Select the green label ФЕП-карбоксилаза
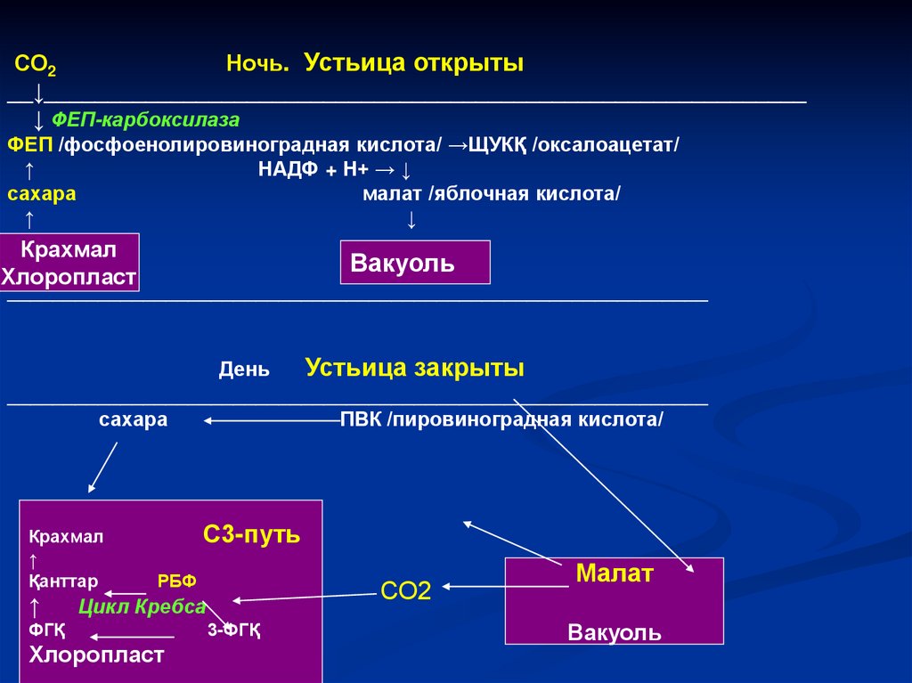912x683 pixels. [145, 119]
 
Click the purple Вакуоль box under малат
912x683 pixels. [415, 263]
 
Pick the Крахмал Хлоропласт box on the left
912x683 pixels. [69, 262]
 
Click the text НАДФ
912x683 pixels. [288, 170]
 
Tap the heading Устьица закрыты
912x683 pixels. [414, 368]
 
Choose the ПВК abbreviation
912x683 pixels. [361, 419]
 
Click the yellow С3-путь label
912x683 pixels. [251, 534]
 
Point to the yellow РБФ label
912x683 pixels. [176, 581]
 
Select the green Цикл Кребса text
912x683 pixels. [142, 607]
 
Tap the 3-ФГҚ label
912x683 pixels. [233, 630]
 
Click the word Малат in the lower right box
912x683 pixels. [615, 573]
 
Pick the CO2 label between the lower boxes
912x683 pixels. [405, 590]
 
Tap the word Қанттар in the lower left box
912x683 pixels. [62, 581]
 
